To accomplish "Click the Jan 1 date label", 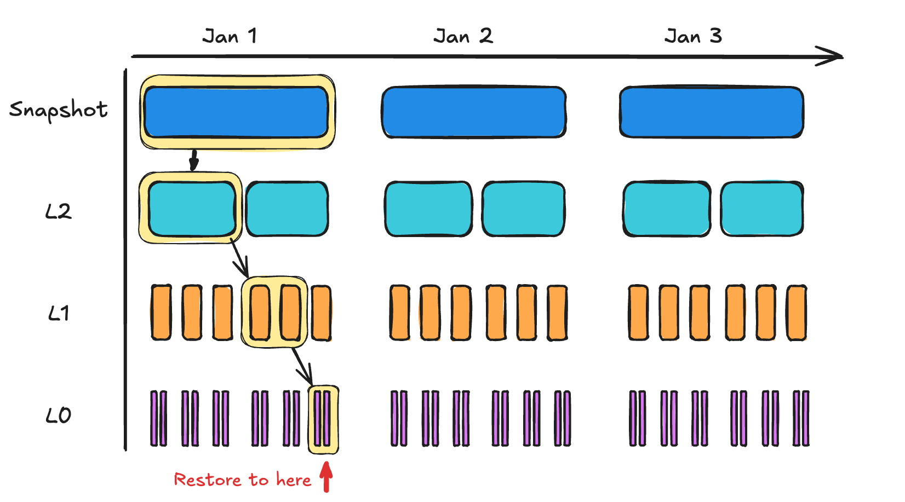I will [230, 36].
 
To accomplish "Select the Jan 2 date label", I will [463, 36].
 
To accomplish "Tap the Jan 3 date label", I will [693, 36].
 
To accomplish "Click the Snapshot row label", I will [58, 110].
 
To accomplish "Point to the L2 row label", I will [58, 211].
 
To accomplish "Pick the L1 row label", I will [58, 313].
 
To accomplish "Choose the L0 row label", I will [58, 416].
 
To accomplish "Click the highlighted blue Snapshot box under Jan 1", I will [237, 112].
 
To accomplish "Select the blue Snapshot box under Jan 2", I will [474, 112].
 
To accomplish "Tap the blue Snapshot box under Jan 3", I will [712, 112].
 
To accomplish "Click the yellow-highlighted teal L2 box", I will [192, 209].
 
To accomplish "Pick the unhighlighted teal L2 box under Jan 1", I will [287, 209].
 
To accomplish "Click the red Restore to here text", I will [242, 480].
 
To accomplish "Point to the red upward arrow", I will [327, 476].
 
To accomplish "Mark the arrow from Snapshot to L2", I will [193, 160].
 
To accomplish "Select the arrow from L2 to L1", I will [239, 259].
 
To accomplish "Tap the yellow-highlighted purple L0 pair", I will [323, 419].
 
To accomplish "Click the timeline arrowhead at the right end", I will [833, 56].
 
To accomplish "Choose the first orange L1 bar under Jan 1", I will [161, 313].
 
